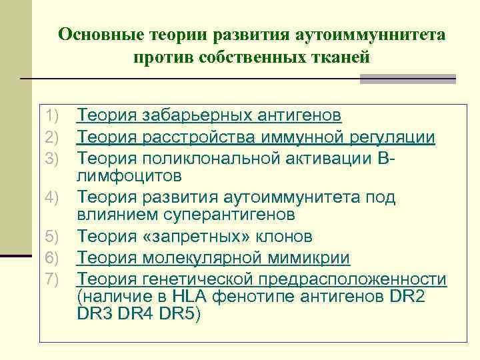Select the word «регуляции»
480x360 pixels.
(x=393, y=137)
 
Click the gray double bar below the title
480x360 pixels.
(x=407, y=79)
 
